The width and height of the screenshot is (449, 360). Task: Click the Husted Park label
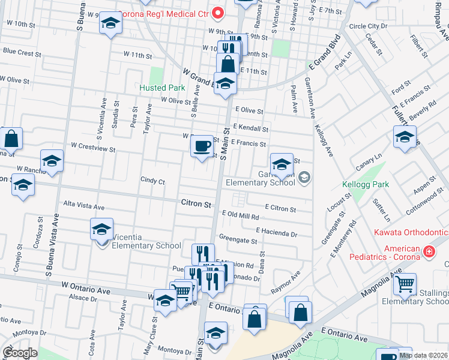pos(161,88)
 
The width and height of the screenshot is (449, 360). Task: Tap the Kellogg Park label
pos(366,184)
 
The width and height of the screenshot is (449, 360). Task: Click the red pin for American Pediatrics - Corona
pos(429,251)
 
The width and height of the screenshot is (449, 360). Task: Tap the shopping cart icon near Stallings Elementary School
pos(405,283)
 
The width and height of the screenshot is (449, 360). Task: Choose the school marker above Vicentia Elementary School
pos(101,229)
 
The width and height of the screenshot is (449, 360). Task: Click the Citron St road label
pos(196,204)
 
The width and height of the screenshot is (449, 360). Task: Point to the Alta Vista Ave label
pos(83,206)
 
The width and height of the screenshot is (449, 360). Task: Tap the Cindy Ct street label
pos(152,180)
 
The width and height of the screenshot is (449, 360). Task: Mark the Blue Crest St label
pos(22,52)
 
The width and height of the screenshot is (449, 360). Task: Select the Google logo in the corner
pos(20,353)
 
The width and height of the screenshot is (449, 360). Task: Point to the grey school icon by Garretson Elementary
pos(304,176)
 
